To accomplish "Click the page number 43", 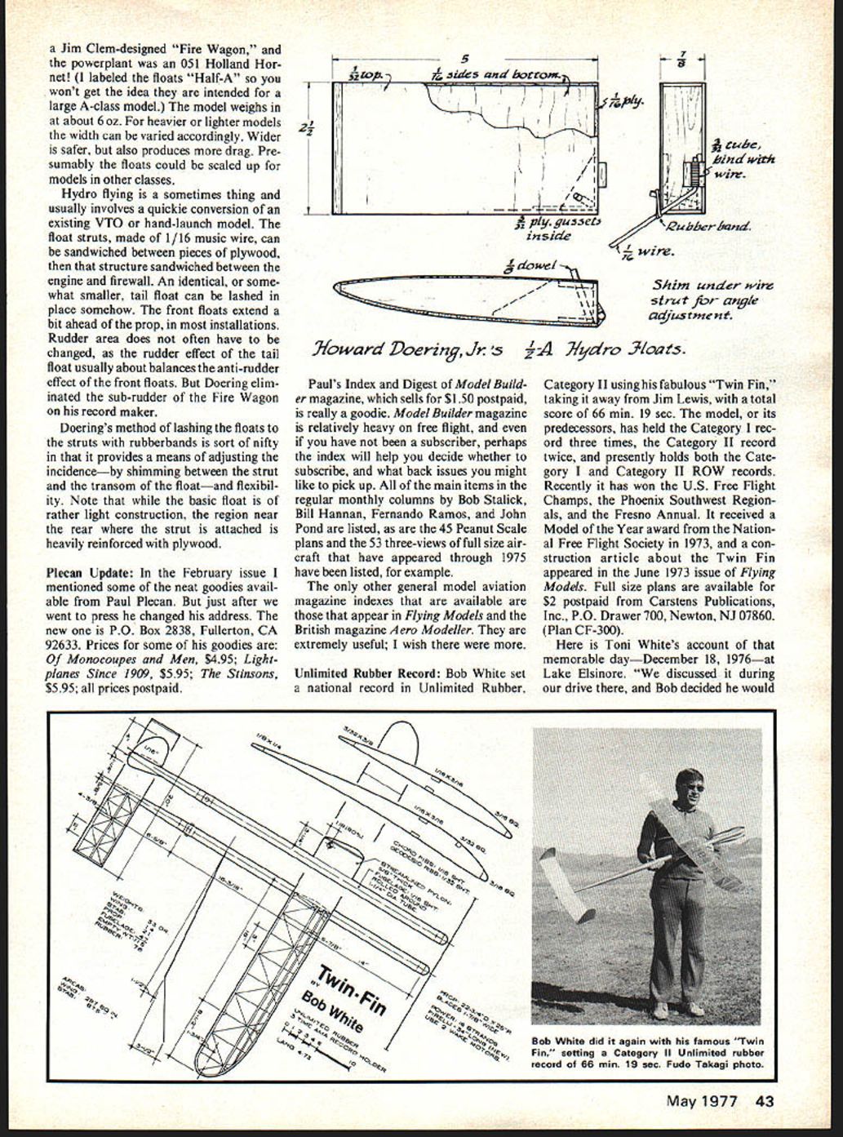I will pos(765,1101).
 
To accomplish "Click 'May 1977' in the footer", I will pos(702,1101).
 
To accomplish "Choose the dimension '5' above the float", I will pos(464,59).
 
